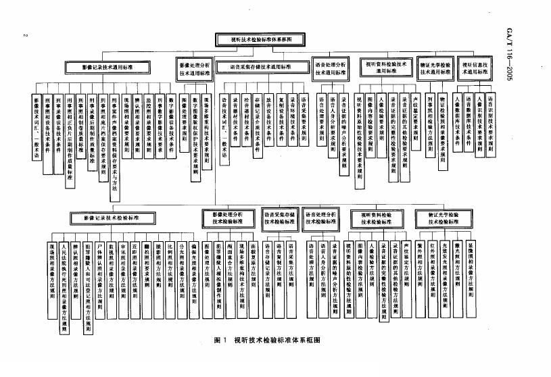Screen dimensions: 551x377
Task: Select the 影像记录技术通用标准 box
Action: coord(107,68)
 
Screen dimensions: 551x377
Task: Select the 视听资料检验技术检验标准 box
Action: coord(382,217)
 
